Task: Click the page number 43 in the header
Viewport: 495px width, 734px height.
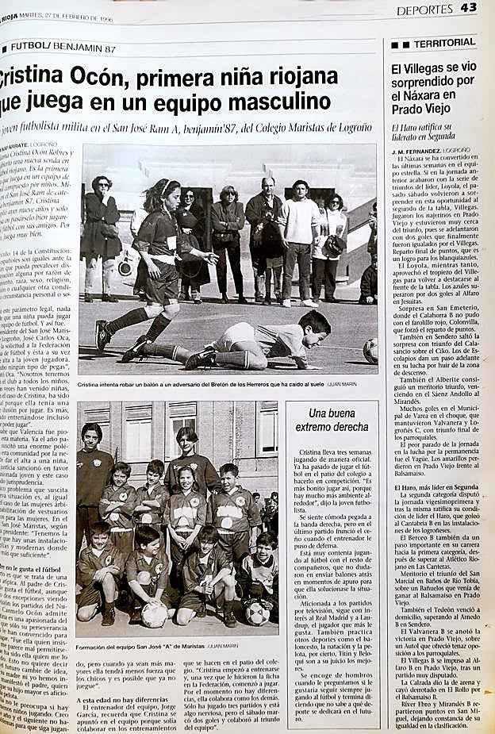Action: click(468, 8)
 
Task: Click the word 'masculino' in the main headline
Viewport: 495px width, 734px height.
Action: click(275, 102)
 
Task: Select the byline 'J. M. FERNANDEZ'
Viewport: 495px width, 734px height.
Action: click(418, 149)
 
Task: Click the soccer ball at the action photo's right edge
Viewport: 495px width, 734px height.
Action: click(370, 350)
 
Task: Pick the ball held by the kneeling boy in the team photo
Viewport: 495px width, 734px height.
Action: click(154, 613)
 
